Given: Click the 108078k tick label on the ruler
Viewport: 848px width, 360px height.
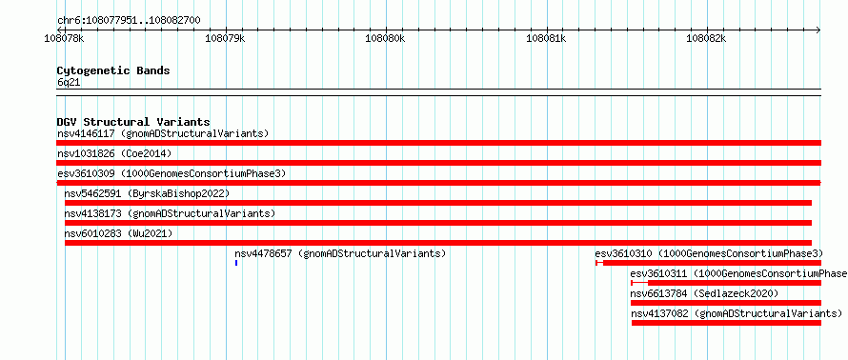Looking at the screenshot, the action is coord(65,38).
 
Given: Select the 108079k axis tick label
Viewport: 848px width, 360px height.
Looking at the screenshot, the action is coord(226,38).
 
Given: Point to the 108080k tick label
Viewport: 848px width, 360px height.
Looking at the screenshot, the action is coord(385,38).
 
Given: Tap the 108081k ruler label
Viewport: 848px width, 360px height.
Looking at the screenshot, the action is coord(546,38).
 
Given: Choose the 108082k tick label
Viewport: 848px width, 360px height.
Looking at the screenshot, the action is coord(706,38).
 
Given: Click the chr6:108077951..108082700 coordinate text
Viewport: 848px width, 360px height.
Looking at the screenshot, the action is coord(130,21).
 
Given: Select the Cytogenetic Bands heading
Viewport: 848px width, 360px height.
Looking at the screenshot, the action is coord(113,70).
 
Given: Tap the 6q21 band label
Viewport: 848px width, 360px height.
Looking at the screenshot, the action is coord(70,83).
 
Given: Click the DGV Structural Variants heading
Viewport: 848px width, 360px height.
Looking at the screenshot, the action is coord(133,122).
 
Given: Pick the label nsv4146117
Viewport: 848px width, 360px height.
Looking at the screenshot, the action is coord(86,133).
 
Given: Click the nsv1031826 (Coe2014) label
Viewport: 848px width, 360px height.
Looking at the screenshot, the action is coord(114,153).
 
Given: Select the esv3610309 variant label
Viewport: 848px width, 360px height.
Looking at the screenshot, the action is coord(86,173).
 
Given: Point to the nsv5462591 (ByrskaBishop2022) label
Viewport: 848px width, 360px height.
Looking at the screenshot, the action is coord(147,193).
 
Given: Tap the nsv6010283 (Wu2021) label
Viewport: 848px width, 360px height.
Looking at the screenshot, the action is coord(118,233).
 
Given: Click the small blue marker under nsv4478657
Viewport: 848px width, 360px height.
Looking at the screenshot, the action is coord(236,263).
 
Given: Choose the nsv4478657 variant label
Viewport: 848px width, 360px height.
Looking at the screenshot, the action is coord(263,253).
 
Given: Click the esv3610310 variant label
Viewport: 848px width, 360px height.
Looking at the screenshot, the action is coord(623,253).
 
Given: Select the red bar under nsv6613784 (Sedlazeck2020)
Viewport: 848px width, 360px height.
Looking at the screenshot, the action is coord(726,303).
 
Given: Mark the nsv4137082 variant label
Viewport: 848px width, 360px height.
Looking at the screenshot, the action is coord(659,313).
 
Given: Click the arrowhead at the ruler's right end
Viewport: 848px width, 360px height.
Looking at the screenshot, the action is coord(818,30).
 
